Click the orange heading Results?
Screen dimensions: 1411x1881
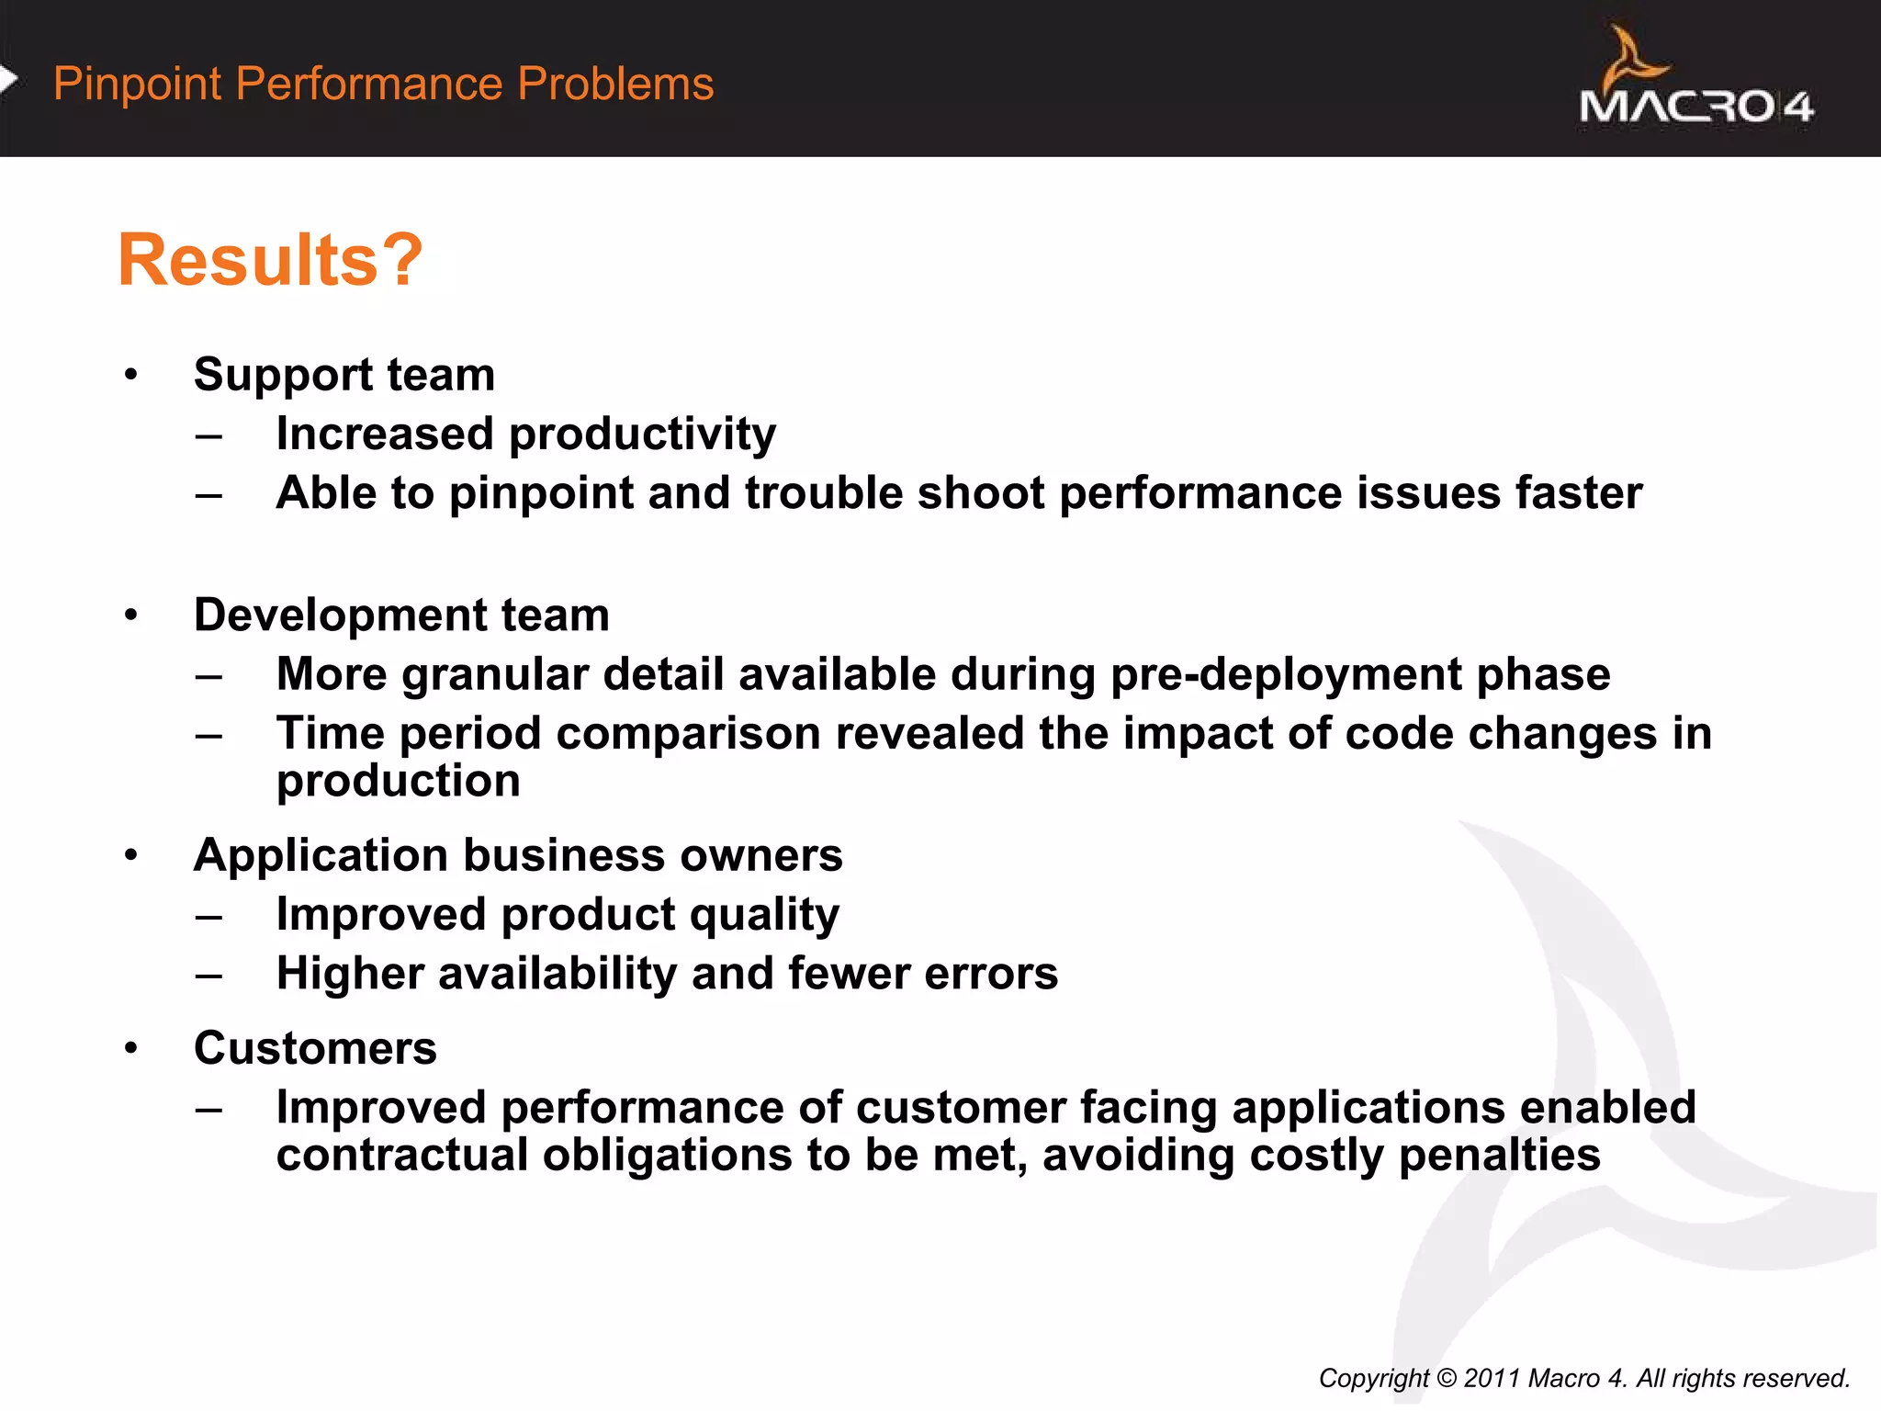tap(270, 260)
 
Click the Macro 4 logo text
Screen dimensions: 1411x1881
tap(1695, 107)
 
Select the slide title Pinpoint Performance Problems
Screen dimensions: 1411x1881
tap(383, 84)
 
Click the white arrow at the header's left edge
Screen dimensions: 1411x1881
tap(8, 80)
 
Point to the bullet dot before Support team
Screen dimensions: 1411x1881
tap(131, 375)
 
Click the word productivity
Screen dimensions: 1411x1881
tap(642, 434)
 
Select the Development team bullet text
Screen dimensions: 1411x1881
tap(401, 615)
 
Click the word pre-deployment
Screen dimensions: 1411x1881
tap(1285, 674)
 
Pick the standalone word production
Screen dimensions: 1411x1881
tap(399, 781)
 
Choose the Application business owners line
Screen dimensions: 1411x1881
tap(518, 855)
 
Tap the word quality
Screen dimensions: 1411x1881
tap(764, 915)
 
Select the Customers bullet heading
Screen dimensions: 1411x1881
tap(315, 1048)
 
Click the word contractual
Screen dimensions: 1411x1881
tap(401, 1155)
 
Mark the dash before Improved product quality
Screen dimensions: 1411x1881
tap(209, 916)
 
